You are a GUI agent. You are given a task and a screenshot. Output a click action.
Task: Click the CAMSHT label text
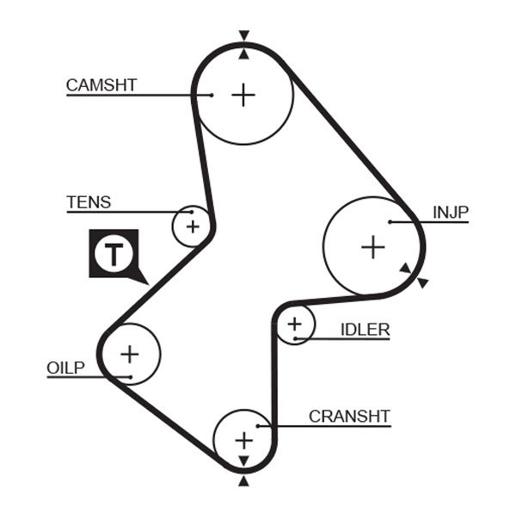101,85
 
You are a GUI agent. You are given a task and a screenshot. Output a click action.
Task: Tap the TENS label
89,203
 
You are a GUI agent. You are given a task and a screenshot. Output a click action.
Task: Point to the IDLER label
365,330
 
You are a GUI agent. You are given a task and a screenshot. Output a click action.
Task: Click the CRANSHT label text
349,417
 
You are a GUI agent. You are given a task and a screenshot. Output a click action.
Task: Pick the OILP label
65,368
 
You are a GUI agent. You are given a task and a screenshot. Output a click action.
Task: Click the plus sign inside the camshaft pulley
244,94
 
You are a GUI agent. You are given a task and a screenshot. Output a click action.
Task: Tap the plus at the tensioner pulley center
192,226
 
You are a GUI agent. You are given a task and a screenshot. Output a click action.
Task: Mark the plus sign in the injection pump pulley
372,248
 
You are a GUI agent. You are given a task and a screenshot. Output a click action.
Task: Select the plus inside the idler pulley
295,325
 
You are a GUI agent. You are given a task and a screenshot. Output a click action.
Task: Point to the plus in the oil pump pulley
129,353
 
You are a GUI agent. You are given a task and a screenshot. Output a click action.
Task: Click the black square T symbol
114,253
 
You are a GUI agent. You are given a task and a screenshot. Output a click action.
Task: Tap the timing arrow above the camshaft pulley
244,35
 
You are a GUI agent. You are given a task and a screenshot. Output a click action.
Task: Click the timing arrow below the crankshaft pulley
244,482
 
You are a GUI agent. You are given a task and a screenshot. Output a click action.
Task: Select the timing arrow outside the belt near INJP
423,282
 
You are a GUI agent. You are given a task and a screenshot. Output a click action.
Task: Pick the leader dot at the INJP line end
390,222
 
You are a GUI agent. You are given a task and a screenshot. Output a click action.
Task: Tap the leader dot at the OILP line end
128,377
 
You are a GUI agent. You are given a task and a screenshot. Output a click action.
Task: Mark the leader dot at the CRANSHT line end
270,425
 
